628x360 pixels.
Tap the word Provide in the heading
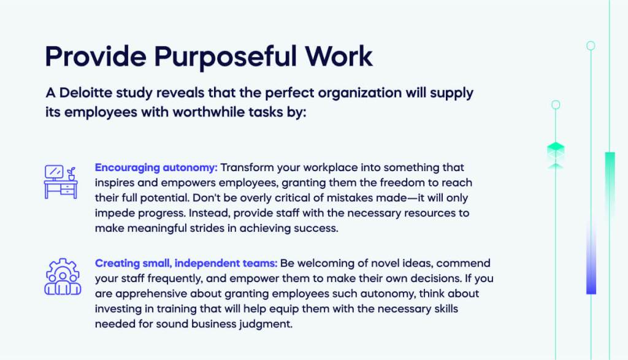[x=94, y=56]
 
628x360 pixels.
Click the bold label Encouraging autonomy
[x=156, y=167]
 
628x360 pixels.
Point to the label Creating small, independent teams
[x=186, y=263]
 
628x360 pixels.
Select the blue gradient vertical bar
[x=591, y=258]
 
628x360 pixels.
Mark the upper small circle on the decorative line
[x=591, y=45]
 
